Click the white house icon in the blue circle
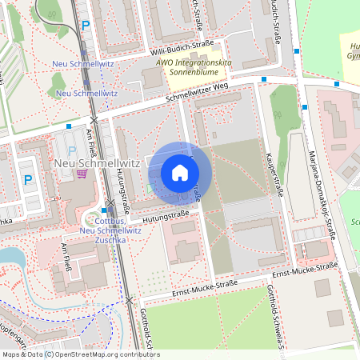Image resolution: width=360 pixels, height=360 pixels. (180, 173)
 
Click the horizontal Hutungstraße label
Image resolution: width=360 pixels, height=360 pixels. (166, 214)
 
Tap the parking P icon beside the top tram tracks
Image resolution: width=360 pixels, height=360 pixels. (86, 26)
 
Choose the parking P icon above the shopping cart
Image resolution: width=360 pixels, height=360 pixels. (71, 150)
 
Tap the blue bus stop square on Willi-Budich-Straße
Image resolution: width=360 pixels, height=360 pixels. (297, 51)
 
